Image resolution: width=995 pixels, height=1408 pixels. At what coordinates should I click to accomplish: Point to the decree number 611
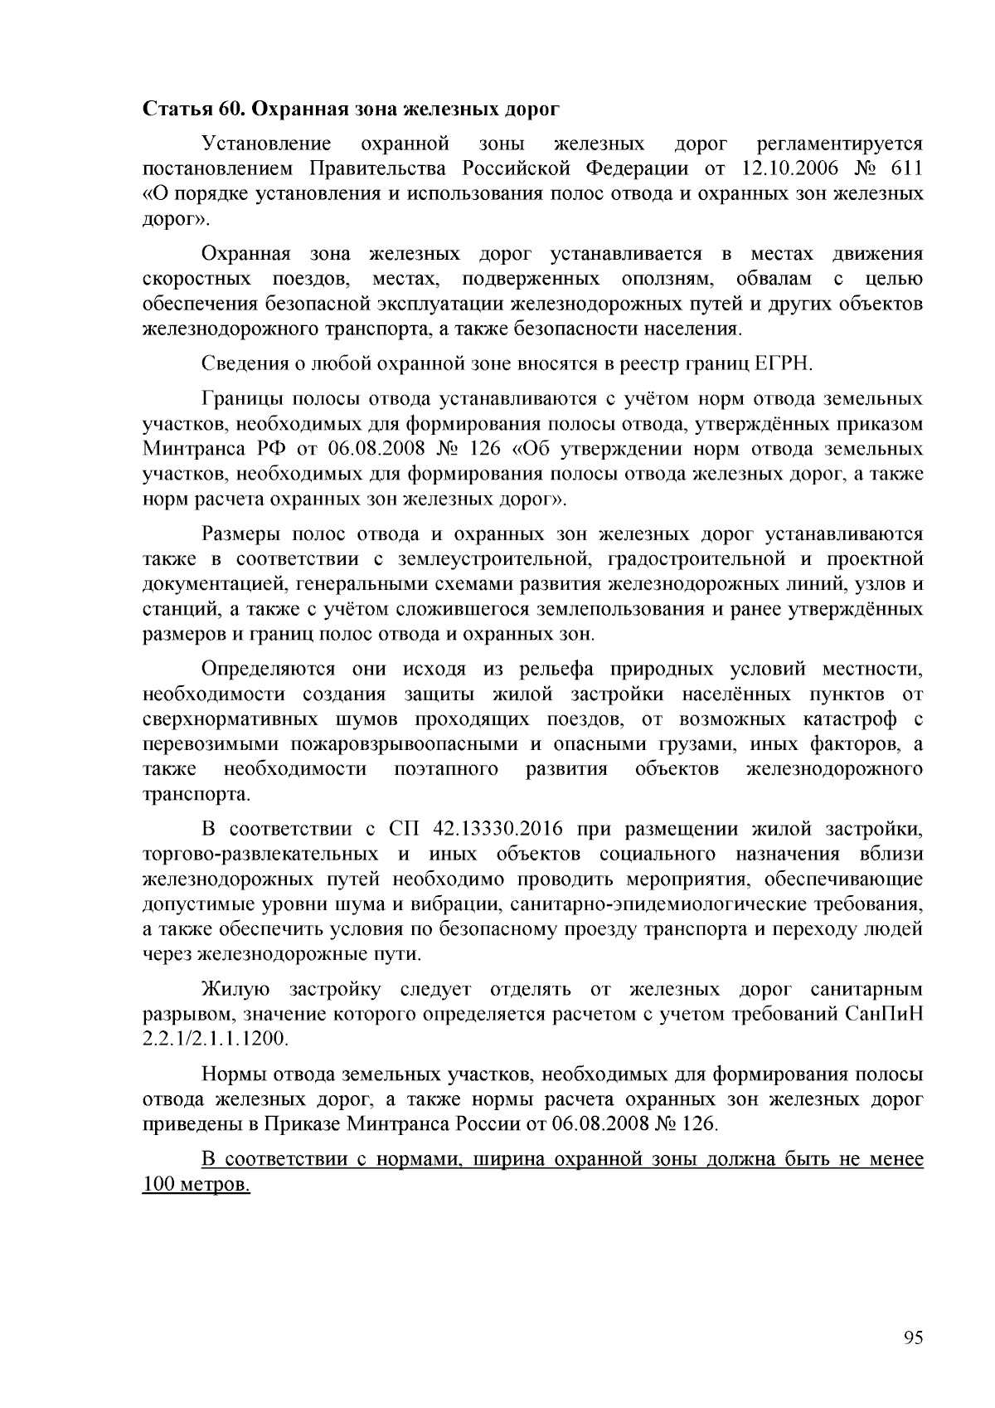click(x=905, y=169)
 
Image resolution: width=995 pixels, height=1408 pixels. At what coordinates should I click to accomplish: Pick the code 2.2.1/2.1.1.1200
click(x=215, y=1039)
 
